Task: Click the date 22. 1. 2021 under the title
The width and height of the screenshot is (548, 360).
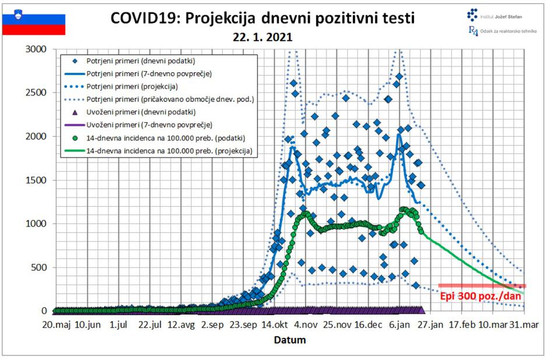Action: [262, 37]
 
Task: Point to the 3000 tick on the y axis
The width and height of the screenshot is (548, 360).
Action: [38, 49]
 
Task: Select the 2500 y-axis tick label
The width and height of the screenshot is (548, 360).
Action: [38, 93]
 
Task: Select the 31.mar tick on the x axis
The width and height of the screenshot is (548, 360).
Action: [524, 324]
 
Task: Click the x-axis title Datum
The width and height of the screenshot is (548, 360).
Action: [290, 339]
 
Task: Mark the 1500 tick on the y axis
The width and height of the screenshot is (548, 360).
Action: [38, 180]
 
